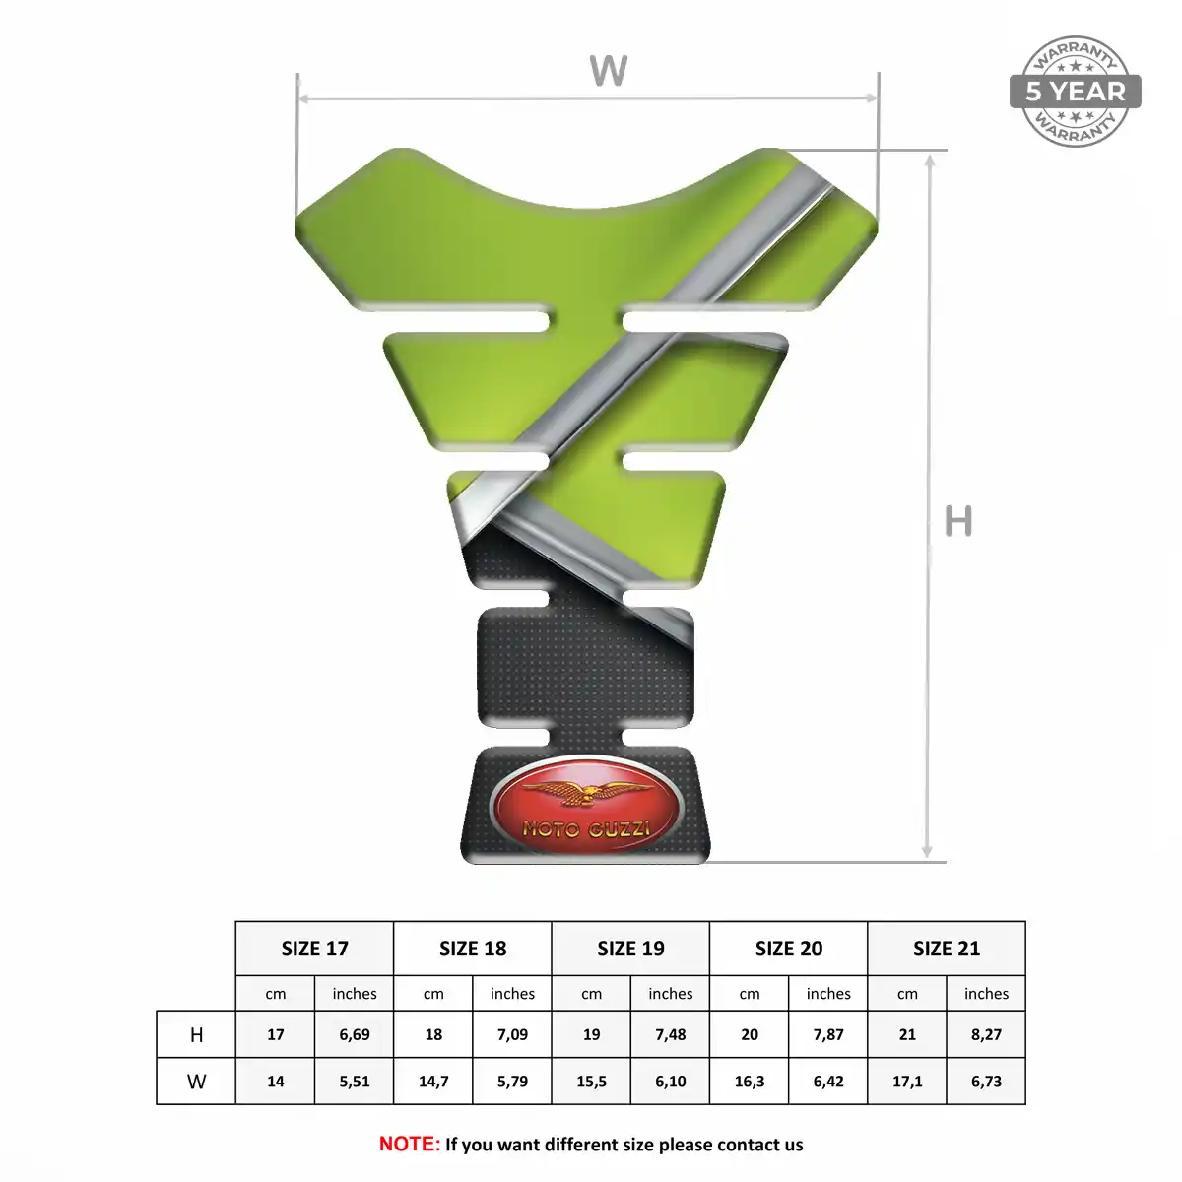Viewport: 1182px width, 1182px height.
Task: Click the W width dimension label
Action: pos(608,71)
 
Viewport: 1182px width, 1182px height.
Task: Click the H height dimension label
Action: pos(958,521)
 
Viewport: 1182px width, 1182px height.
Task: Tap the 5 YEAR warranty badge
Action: pos(1076,92)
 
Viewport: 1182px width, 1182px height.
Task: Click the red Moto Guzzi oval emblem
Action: pos(584,805)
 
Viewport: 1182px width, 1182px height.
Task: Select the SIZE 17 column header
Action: pos(314,949)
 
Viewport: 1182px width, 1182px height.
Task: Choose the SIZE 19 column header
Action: pos(630,949)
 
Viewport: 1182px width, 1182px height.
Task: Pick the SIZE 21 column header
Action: pos(947,949)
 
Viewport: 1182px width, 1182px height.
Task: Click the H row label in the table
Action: pos(196,1035)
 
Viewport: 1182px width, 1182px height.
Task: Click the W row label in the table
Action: pos(196,1082)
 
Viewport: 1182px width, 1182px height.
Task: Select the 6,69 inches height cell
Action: pos(355,1035)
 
